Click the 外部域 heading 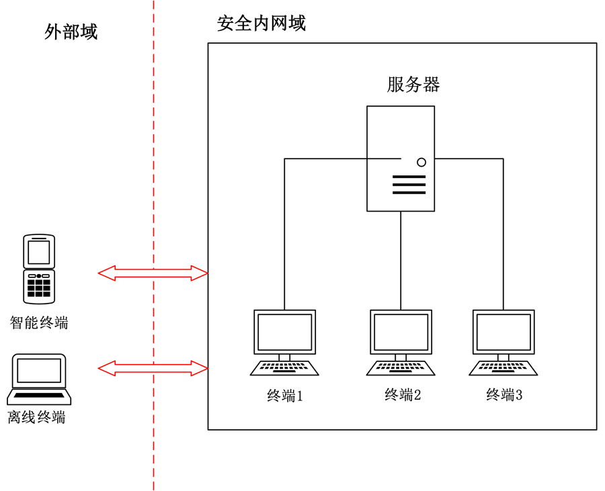[71, 32]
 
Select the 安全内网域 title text [261, 24]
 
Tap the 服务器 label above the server [413, 85]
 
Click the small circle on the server [421, 162]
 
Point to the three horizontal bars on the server [409, 185]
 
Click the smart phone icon [39, 269]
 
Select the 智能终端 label [39, 322]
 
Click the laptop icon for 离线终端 [40, 378]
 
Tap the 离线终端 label [37, 417]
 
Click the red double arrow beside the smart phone [153, 273]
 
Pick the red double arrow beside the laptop [153, 367]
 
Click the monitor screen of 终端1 [284, 332]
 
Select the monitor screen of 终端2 [401, 332]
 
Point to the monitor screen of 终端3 [503, 332]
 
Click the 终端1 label [285, 396]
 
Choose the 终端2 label [402, 395]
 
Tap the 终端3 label [504, 395]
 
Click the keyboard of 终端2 [401, 368]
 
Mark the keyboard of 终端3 [503, 368]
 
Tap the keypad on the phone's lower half [39, 287]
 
